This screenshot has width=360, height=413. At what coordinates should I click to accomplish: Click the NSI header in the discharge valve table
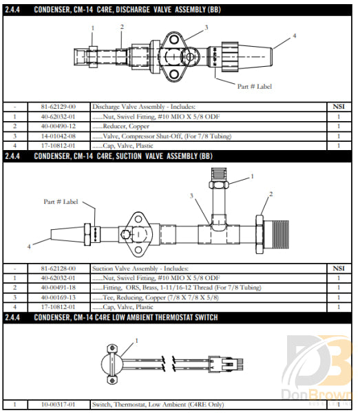(338, 107)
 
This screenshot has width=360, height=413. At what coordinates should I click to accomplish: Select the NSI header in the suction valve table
(338, 268)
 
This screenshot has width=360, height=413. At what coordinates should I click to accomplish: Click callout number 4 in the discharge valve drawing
(295, 35)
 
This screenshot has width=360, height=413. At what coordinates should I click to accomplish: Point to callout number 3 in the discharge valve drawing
(206, 28)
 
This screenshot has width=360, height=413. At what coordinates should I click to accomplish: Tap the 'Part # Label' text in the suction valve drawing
(61, 202)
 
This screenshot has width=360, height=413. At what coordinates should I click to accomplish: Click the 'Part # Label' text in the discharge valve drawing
(255, 87)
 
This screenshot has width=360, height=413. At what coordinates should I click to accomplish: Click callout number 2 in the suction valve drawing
(271, 194)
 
